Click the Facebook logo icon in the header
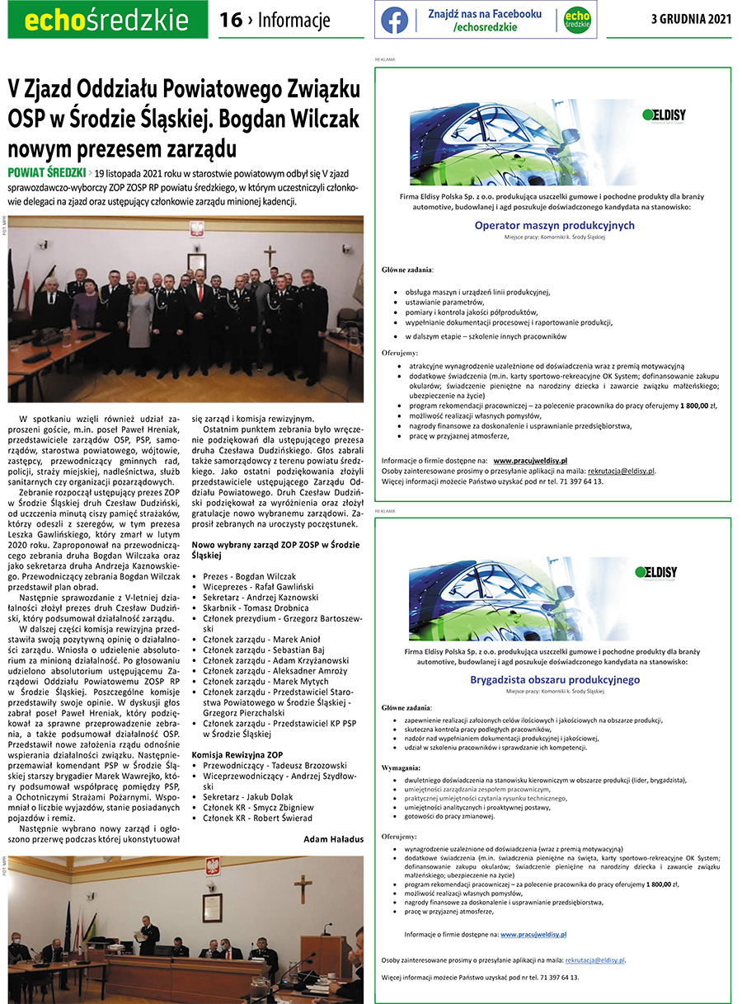pyautogui.click(x=394, y=20)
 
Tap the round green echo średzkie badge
pyautogui.click(x=577, y=20)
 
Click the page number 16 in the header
pyautogui.click(x=230, y=20)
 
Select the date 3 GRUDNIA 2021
pyautogui.click(x=692, y=20)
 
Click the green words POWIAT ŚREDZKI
pyautogui.click(x=47, y=173)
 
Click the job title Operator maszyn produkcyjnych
pyautogui.click(x=554, y=225)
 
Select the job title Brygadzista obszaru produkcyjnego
pyautogui.click(x=554, y=679)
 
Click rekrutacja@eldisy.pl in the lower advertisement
pyautogui.click(x=589, y=960)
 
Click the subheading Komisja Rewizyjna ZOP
pyautogui.click(x=237, y=731)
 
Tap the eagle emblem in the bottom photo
pyautogui.click(x=212, y=870)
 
